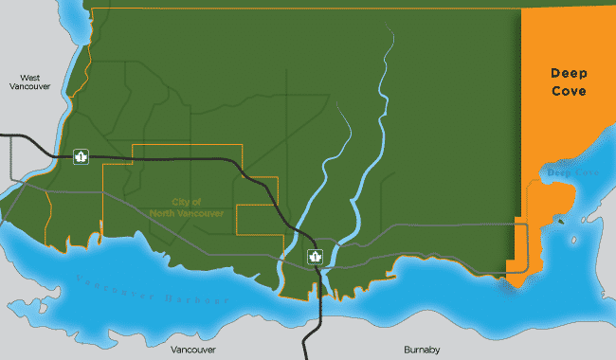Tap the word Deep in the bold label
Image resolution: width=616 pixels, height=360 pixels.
(x=570, y=73)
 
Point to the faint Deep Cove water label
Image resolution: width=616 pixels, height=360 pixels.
(x=571, y=173)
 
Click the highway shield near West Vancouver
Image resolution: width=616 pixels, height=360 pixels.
(x=82, y=155)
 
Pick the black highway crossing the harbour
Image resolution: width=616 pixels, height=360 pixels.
(x=307, y=313)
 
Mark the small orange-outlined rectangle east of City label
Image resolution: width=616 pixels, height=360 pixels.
(x=256, y=219)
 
